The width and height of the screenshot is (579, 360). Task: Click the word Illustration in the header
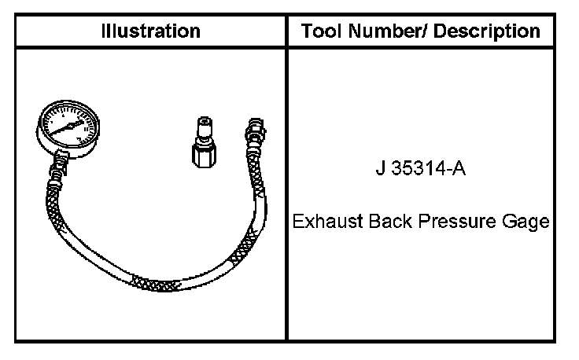coord(151,31)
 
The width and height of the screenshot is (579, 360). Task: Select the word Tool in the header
coord(321,31)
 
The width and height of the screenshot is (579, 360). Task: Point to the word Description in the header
coord(487,31)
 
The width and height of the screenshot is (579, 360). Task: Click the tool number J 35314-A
coord(421,168)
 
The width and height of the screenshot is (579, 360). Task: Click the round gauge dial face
coord(68,126)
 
